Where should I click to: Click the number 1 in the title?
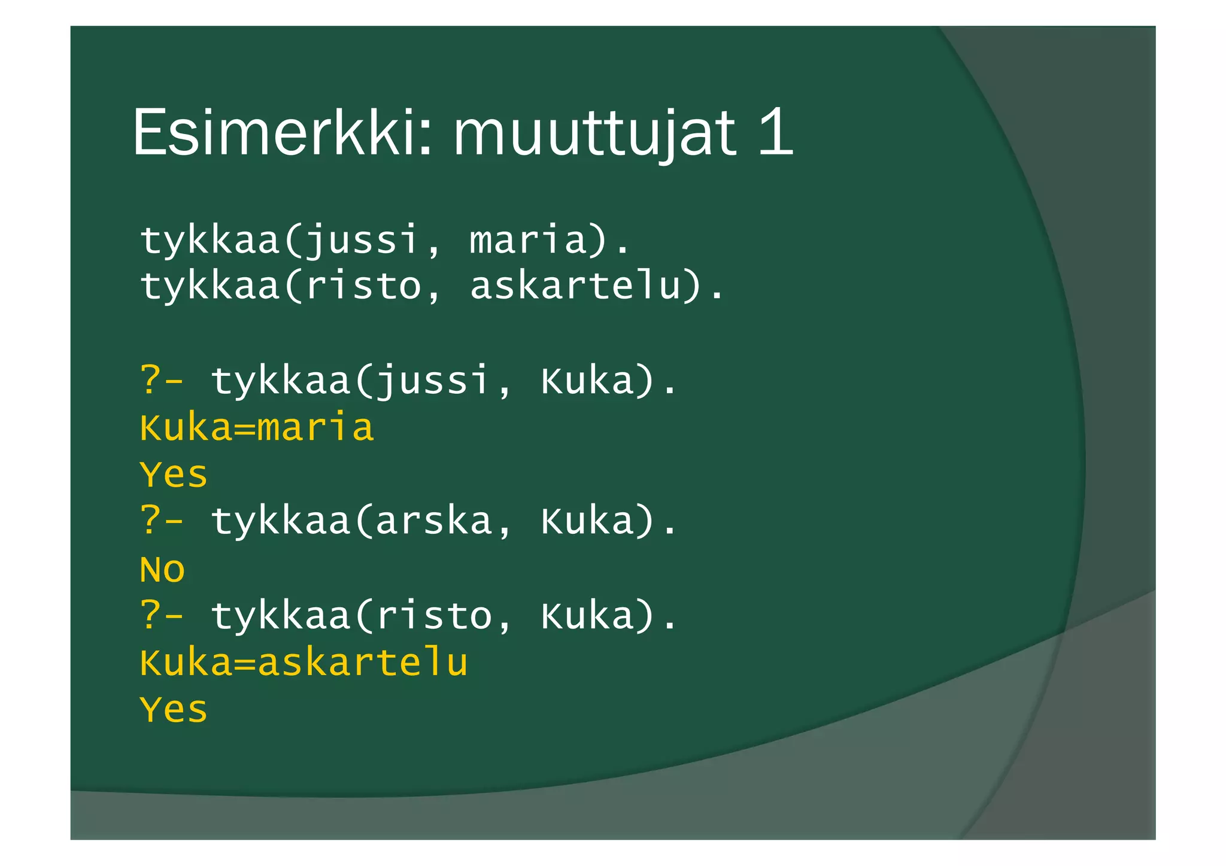tap(776, 132)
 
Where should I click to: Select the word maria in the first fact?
tap(527, 239)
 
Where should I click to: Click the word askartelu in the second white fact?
tap(575, 285)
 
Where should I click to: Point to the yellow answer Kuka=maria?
tap(257, 427)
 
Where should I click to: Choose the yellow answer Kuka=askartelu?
tap(304, 663)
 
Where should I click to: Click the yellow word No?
tap(162, 569)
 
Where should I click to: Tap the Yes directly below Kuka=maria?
tap(174, 475)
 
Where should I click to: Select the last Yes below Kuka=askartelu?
tap(174, 710)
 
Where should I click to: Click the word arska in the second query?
tap(433, 521)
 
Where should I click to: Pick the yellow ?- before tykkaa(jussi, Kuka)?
tap(162, 380)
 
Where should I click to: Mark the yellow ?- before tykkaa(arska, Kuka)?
tap(162, 521)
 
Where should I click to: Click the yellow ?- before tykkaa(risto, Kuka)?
tap(162, 616)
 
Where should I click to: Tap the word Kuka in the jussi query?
tap(587, 381)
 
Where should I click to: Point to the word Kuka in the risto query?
tap(587, 616)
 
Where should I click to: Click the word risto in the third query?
tap(433, 616)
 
